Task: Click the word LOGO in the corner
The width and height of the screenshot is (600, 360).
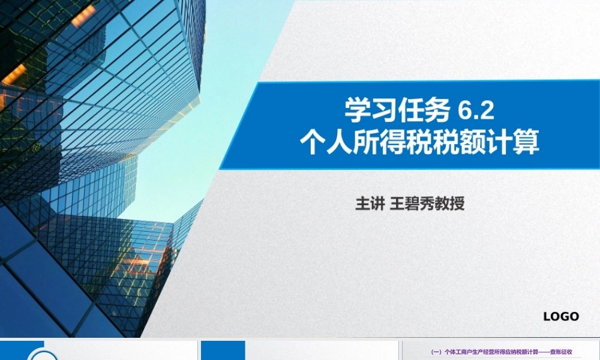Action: [x=561, y=316]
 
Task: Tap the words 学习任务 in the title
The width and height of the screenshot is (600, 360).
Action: [x=397, y=111]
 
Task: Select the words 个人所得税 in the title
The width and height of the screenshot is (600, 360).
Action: [x=361, y=144]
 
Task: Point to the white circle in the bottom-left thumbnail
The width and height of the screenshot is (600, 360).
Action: [x=44, y=356]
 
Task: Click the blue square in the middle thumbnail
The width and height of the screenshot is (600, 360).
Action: [x=223, y=350]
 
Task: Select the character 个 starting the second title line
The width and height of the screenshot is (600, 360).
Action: [x=313, y=144]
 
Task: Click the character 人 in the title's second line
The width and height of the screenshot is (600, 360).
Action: [x=337, y=144]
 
